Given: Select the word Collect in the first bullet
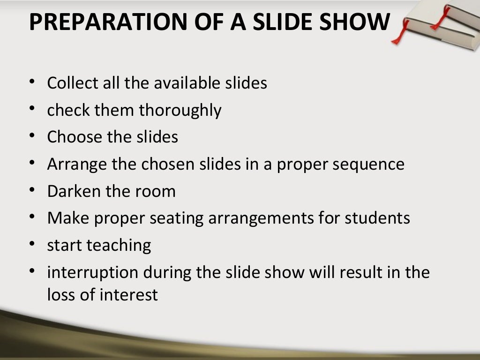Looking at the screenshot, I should tap(73, 83).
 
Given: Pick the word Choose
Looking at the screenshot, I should tap(75, 137).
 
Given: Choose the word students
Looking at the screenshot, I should tap(377, 218).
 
